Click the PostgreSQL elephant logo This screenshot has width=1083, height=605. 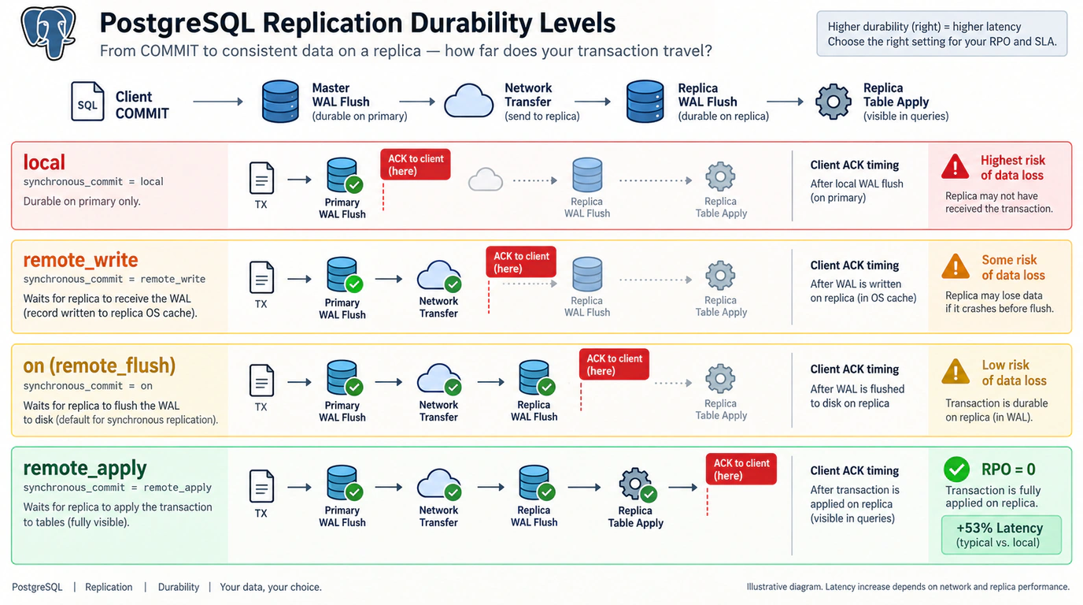48,32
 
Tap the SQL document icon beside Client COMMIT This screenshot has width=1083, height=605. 87,101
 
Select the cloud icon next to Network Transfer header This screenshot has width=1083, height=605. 468,101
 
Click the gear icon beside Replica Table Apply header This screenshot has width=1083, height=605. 833,101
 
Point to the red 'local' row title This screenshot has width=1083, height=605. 44,162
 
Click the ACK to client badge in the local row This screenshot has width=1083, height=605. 416,165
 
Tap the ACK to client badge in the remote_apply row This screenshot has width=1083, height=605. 741,469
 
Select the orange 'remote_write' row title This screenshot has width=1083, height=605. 80,261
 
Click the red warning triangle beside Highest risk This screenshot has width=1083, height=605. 955,167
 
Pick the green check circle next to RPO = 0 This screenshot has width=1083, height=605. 956,469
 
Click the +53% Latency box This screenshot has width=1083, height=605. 1001,535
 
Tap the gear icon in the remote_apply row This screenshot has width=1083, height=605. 635,483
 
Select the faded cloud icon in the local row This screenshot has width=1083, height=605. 486,180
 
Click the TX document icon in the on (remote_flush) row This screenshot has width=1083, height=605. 261,380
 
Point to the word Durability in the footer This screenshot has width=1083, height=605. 179,587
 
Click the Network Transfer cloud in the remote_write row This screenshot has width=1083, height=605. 438,276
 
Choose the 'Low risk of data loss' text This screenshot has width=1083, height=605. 1014,373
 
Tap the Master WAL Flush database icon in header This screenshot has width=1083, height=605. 280,101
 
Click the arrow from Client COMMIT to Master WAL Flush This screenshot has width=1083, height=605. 217,102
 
